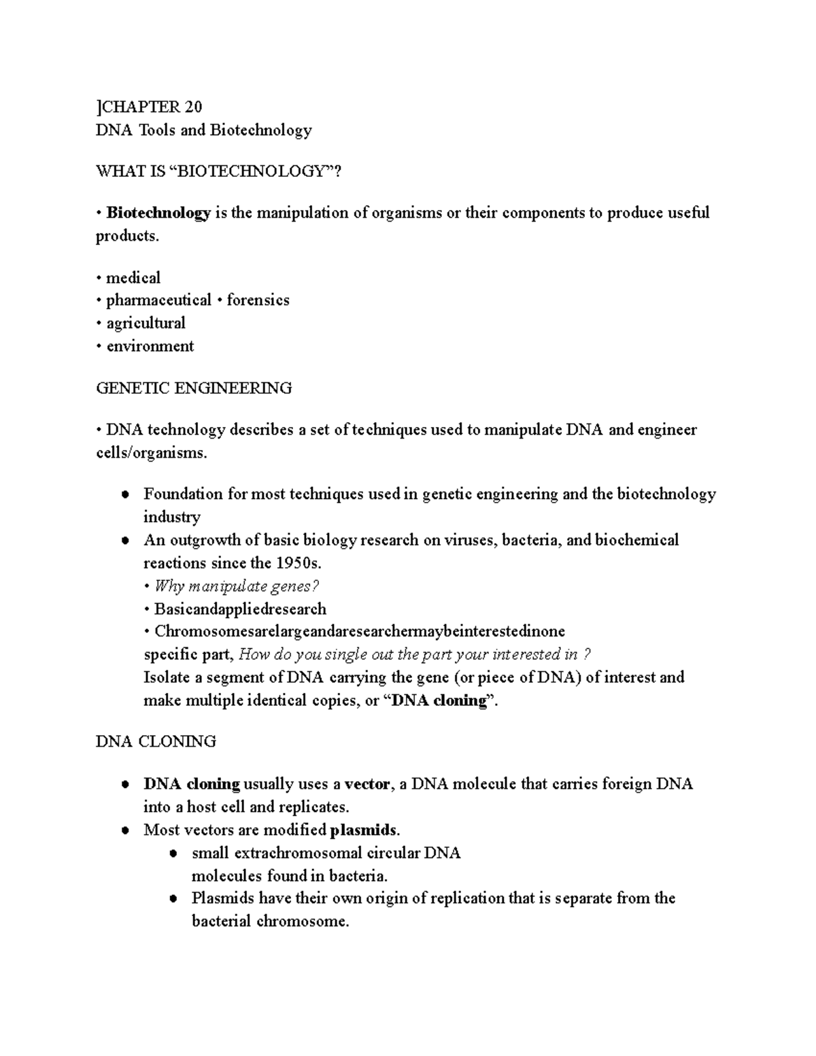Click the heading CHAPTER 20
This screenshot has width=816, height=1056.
click(x=151, y=107)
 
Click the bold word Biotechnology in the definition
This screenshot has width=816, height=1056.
click(x=158, y=213)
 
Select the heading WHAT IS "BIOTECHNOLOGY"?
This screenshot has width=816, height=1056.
click(x=218, y=171)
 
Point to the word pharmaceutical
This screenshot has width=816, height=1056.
click(x=158, y=300)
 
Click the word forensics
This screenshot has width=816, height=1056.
click(x=258, y=300)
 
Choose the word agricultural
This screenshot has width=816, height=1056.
click(x=146, y=323)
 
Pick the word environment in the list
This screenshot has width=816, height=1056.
click(x=150, y=346)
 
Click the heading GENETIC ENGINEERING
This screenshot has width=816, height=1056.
click(x=194, y=388)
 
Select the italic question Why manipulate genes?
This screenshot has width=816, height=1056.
click(x=237, y=586)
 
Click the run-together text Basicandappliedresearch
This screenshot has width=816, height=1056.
click(x=240, y=609)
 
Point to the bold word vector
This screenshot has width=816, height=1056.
click(x=367, y=784)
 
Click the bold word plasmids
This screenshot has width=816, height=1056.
click(x=364, y=830)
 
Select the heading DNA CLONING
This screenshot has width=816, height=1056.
click(x=156, y=741)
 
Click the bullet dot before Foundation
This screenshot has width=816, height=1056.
click(x=125, y=495)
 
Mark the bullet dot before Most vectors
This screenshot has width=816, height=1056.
click(x=125, y=831)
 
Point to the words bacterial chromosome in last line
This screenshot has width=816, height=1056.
click(x=269, y=922)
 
